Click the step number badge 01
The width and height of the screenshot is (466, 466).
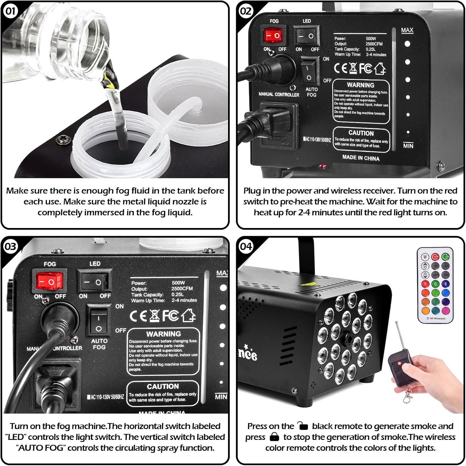coord(11,11)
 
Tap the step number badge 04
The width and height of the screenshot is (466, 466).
coord(246,246)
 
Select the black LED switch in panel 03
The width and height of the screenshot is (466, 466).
coord(94,282)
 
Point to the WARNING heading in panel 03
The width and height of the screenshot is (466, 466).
coord(163,334)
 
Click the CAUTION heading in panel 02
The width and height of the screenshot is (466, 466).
coord(361,133)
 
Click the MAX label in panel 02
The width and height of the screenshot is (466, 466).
coord(407,30)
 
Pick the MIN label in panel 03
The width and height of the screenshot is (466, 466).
coord(221,397)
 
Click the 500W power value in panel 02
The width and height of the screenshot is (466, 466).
coord(371,39)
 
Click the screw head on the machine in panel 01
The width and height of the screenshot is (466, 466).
coord(61,139)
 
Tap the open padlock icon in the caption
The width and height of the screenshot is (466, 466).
coord(302,426)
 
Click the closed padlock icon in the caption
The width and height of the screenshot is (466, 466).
coord(274,437)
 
